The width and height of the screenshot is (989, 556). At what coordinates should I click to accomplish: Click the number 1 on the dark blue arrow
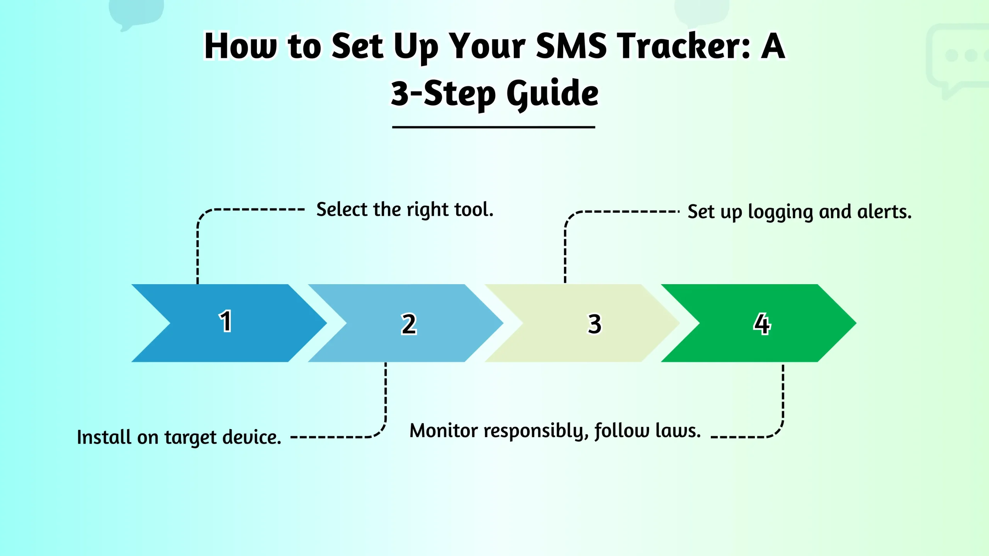coord(226,321)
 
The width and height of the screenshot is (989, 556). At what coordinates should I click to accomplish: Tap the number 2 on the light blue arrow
coord(409,324)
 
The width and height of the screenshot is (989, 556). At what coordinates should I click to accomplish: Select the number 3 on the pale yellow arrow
coord(595,324)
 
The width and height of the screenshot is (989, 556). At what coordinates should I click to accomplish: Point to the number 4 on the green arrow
coord(762,324)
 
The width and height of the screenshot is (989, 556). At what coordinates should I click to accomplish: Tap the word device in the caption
coord(251,437)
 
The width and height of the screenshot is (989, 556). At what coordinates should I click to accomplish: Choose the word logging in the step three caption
coord(780,212)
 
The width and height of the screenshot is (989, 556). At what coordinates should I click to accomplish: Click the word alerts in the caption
coord(884,212)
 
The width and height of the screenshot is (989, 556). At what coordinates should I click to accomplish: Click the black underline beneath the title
coord(493,127)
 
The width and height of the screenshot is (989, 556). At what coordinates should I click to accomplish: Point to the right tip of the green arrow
coord(856,323)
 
